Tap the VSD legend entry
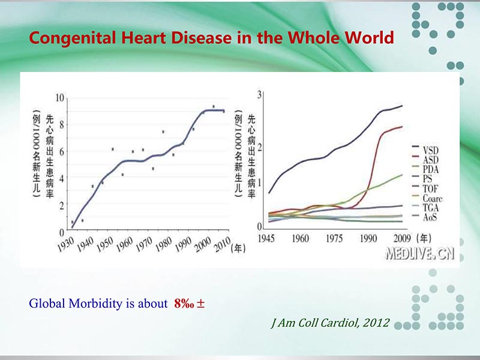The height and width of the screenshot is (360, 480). pyautogui.click(x=430, y=149)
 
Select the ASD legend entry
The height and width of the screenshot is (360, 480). pyautogui.click(x=430, y=159)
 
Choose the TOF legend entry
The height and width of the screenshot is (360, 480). pyautogui.click(x=430, y=188)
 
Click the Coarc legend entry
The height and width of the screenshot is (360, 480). pyautogui.click(x=432, y=197)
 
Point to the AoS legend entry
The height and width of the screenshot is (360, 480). pyautogui.click(x=430, y=217)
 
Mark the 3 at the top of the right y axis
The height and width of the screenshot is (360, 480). pyautogui.click(x=259, y=95)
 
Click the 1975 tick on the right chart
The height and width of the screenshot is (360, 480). pyautogui.click(x=334, y=238)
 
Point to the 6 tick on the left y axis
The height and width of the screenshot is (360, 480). pyautogui.click(x=62, y=151)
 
